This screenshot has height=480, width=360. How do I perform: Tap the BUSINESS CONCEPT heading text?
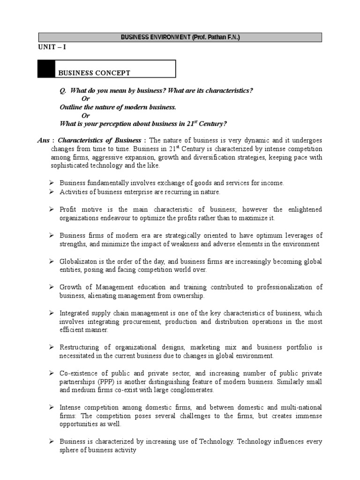[x=94, y=73]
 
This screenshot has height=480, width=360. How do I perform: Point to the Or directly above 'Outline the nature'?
[x=85, y=98]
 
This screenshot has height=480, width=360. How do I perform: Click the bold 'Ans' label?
[x=44, y=141]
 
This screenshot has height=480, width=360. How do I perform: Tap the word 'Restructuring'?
[x=80, y=347]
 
